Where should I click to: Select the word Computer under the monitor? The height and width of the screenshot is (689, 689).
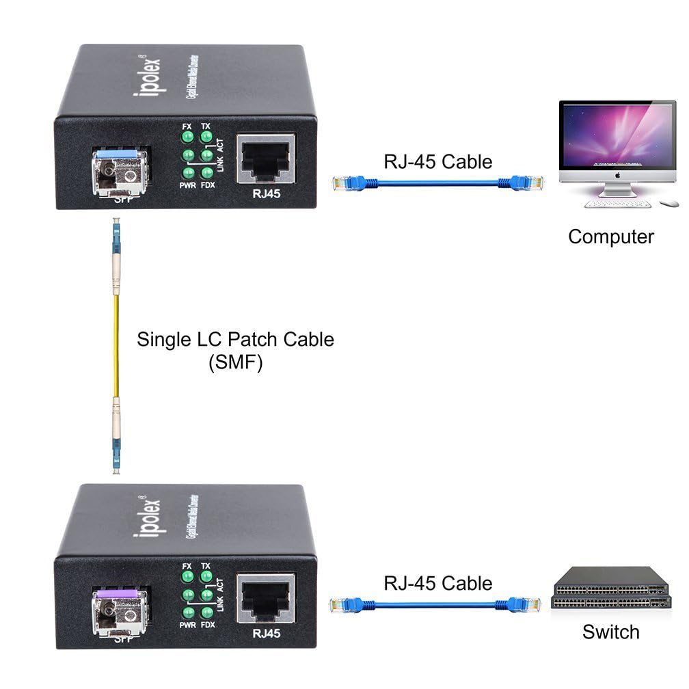click(610, 237)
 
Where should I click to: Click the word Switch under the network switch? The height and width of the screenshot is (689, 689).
click(610, 632)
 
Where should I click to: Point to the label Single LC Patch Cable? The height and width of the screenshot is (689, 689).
click(235, 339)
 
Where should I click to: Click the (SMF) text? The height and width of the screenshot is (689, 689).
click(235, 363)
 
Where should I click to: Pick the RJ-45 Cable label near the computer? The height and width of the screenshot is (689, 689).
click(437, 162)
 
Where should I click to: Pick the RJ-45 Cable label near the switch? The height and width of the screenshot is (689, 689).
click(437, 583)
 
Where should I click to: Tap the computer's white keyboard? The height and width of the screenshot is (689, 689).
click(619, 204)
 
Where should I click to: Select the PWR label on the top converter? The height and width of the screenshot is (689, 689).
click(188, 185)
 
